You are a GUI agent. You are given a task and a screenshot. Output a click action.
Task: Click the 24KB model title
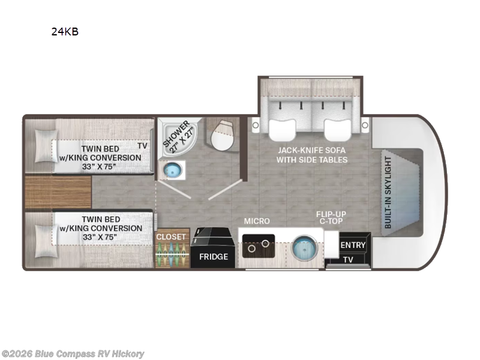[65, 32]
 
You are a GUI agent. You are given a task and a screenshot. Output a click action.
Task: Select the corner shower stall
[179, 137]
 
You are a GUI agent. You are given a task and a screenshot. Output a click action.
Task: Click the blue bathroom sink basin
[173, 170]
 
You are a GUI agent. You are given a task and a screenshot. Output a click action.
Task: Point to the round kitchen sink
[305, 248]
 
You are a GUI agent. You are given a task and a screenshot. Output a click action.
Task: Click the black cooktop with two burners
[259, 246]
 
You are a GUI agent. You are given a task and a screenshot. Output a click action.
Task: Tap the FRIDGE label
[214, 257]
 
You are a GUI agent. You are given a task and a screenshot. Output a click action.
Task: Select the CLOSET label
[171, 237]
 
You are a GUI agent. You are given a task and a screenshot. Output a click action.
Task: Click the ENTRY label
[353, 245]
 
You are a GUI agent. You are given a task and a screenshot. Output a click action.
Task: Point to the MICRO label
[257, 221]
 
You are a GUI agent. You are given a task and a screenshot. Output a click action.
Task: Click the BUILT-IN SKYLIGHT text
[388, 193]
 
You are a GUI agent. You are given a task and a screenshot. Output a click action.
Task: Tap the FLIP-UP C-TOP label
[331, 217]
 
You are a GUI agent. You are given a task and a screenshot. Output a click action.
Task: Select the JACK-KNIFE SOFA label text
[311, 151]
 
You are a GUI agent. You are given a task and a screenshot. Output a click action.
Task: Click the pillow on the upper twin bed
[46, 146]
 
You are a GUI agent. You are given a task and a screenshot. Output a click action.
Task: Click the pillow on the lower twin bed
[46, 241]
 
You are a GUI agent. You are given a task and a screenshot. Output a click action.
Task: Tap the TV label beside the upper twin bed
[142, 146]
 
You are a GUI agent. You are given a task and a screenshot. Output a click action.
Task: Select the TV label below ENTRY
[348, 260]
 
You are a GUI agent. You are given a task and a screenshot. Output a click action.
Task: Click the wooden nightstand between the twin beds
[58, 192]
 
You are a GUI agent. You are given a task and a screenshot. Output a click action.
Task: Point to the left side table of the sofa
[256, 125]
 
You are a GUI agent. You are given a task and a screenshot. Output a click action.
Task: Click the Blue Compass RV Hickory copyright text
[72, 354]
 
